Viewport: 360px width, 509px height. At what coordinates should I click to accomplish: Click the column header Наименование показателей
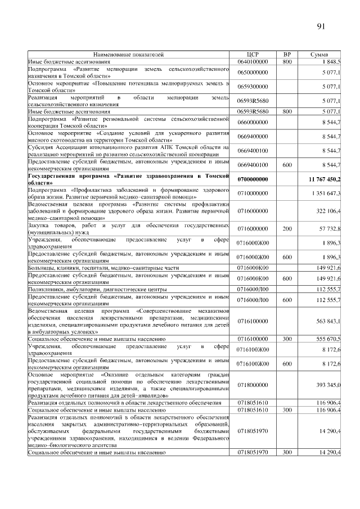(x=129, y=55)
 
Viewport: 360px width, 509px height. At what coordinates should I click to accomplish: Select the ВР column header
(x=287, y=55)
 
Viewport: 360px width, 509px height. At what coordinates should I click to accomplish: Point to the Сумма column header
(x=323, y=55)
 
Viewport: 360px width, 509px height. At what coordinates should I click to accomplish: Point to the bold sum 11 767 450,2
(x=324, y=179)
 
